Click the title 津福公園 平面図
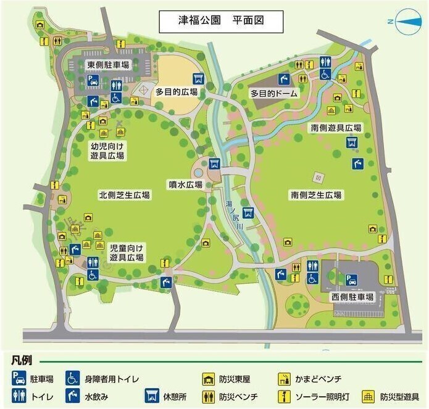click(x=221, y=20)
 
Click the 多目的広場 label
click(x=176, y=92)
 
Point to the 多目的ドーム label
click(x=273, y=94)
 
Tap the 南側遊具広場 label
click(x=336, y=128)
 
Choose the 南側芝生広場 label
click(x=317, y=195)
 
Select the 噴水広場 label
click(x=186, y=184)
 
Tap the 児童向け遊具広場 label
click(x=127, y=252)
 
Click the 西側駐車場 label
click(x=352, y=297)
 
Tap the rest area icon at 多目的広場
click(x=199, y=78)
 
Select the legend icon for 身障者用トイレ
click(x=72, y=378)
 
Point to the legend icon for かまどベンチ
click(x=285, y=378)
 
